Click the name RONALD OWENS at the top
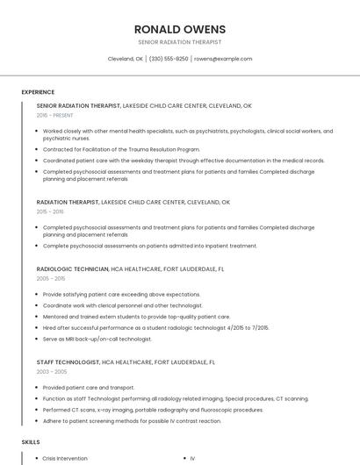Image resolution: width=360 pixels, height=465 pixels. pyautogui.click(x=180, y=29)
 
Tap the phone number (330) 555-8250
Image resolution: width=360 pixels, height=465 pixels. pyautogui.click(x=169, y=59)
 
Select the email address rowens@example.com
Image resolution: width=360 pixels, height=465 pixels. pyautogui.click(x=223, y=59)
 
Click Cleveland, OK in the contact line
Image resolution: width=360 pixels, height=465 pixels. pyautogui.click(x=125, y=59)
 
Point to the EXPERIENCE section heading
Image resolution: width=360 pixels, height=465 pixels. pyautogui.click(x=38, y=91)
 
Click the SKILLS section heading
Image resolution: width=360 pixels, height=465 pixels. pyautogui.click(x=31, y=442)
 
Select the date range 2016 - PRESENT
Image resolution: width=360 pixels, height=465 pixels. pyautogui.click(x=55, y=115)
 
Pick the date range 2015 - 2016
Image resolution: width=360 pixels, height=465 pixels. pyautogui.click(x=50, y=211)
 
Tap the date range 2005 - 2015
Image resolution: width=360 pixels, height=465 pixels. pyautogui.click(x=51, y=278)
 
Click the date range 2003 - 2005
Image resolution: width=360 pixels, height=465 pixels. pyautogui.click(x=51, y=371)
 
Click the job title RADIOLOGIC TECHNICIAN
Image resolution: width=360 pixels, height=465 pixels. pyautogui.click(x=73, y=268)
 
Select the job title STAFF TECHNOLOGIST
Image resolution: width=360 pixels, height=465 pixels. pyautogui.click(x=68, y=361)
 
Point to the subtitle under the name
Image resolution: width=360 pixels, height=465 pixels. pyautogui.click(x=180, y=42)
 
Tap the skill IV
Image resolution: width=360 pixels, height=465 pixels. pyautogui.click(x=192, y=458)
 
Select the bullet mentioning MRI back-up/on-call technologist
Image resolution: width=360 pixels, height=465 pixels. pyautogui.click(x=97, y=339)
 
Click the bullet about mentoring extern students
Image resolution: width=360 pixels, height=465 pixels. pyautogui.click(x=136, y=316)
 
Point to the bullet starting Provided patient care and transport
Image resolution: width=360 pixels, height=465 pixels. pyautogui.click(x=89, y=387)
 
